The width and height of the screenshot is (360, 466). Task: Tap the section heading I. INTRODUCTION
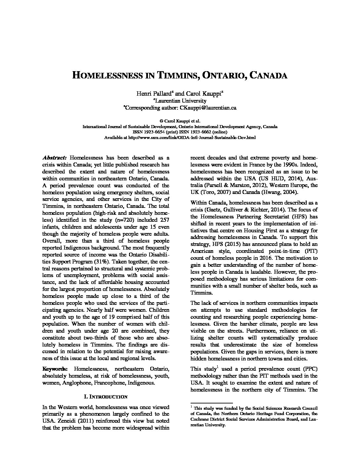coord(106,396)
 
